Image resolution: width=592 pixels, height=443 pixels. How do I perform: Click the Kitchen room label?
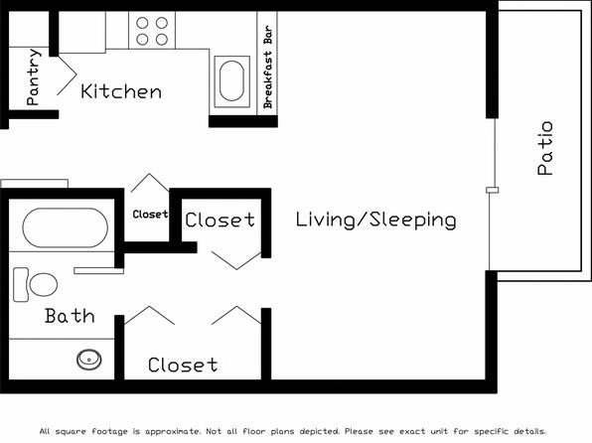(x=121, y=91)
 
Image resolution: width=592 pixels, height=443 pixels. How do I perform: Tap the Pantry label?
(x=33, y=76)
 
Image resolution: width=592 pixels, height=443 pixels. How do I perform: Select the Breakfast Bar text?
(x=267, y=67)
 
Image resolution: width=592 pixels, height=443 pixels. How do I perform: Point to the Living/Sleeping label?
(x=375, y=221)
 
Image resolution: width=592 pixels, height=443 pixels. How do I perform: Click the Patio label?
(x=545, y=148)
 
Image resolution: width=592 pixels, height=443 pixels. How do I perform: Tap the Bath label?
(x=70, y=316)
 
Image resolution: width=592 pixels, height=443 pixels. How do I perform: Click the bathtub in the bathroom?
(x=65, y=227)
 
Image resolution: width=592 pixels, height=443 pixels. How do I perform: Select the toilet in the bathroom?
(x=35, y=284)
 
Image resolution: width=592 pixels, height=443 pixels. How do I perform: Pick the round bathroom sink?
(x=89, y=360)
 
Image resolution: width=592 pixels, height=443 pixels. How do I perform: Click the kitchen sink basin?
(x=231, y=81)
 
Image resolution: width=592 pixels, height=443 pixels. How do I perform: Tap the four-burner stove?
(x=152, y=30)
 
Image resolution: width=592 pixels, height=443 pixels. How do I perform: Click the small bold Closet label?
(x=150, y=215)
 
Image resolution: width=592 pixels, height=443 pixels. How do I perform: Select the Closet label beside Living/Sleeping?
(x=221, y=220)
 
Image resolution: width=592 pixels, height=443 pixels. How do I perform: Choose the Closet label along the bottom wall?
(x=183, y=365)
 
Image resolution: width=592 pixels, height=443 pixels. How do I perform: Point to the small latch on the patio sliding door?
(x=493, y=190)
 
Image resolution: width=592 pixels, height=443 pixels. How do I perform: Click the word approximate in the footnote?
(x=174, y=431)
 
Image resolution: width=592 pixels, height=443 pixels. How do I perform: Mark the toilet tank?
(x=21, y=284)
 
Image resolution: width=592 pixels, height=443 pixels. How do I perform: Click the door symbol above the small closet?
(x=150, y=183)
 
